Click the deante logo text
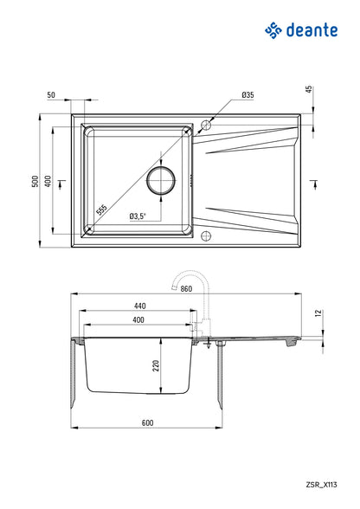click(x=316, y=31)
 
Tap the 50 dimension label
click(x=52, y=94)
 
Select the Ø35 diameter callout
click(x=247, y=94)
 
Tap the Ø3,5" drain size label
click(x=138, y=216)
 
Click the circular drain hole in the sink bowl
click(x=162, y=180)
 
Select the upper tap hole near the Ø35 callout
click(x=206, y=124)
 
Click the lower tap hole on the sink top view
click(x=206, y=236)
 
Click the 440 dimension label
click(x=139, y=306)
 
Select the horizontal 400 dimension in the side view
click(x=139, y=320)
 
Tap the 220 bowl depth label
click(x=157, y=366)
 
